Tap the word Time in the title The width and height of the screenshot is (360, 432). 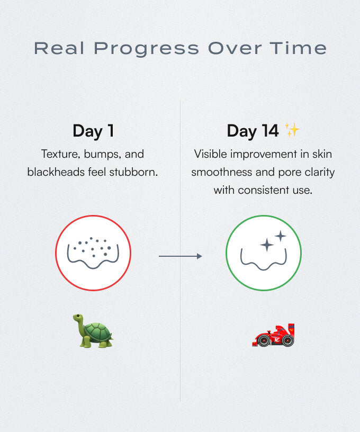coord(298,48)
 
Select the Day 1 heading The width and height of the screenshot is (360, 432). coord(93,131)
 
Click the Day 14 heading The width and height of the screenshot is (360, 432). coord(253,131)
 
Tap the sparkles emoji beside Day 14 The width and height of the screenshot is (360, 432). coord(292,130)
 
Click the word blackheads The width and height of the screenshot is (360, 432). coord(56,172)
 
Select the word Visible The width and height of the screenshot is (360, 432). coord(210,154)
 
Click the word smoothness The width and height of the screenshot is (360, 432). coord(222,172)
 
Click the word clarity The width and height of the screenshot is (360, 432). coord(320,173)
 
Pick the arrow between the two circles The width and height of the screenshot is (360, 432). coord(180,256)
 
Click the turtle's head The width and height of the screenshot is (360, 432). coord(79,318)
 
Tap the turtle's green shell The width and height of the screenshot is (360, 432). coord(97,332)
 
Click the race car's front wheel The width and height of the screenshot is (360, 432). coord(264,340)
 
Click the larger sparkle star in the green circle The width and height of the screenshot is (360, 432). coord(267,245)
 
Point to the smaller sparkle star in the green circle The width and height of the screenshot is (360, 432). coord(281,236)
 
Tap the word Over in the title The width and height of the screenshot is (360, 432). coord(235,48)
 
